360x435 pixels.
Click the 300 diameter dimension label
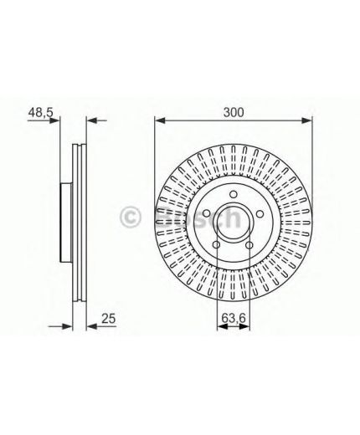[234, 112]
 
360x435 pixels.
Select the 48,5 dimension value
[40, 112]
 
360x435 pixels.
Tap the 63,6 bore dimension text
[234, 318]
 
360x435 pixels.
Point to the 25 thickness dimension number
[108, 318]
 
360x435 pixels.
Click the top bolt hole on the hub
[234, 194]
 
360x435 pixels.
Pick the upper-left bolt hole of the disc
[207, 214]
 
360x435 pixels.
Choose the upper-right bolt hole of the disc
[260, 214]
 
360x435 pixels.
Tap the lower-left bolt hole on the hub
[217, 245]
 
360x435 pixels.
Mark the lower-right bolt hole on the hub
[249, 245]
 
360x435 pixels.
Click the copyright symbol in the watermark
[131, 217]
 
